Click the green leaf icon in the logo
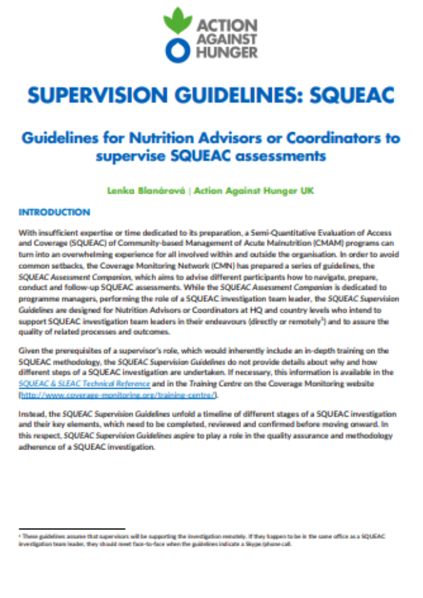click(177, 22)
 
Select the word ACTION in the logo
click(224, 25)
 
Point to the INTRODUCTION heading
click(54, 213)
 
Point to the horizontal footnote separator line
click(72, 527)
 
